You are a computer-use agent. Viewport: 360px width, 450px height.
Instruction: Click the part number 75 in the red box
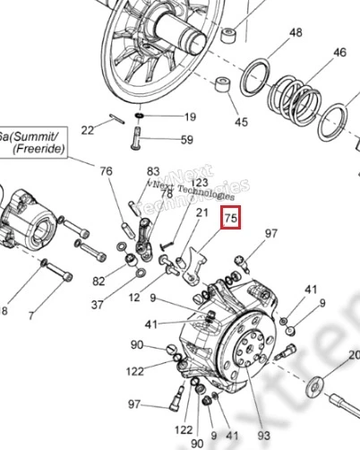(x=231, y=218)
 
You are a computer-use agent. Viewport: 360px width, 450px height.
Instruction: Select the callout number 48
(x=270, y=33)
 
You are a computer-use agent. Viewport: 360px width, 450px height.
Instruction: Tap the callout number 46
(x=339, y=53)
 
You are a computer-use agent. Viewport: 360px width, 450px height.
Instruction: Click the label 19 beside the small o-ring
(x=189, y=117)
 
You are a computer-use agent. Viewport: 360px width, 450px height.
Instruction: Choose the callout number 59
(x=187, y=139)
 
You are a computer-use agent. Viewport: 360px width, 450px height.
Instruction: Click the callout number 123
(x=199, y=183)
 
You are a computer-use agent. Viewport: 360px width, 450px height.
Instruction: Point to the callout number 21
(x=202, y=212)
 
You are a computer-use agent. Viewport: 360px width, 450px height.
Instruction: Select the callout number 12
(x=134, y=297)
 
